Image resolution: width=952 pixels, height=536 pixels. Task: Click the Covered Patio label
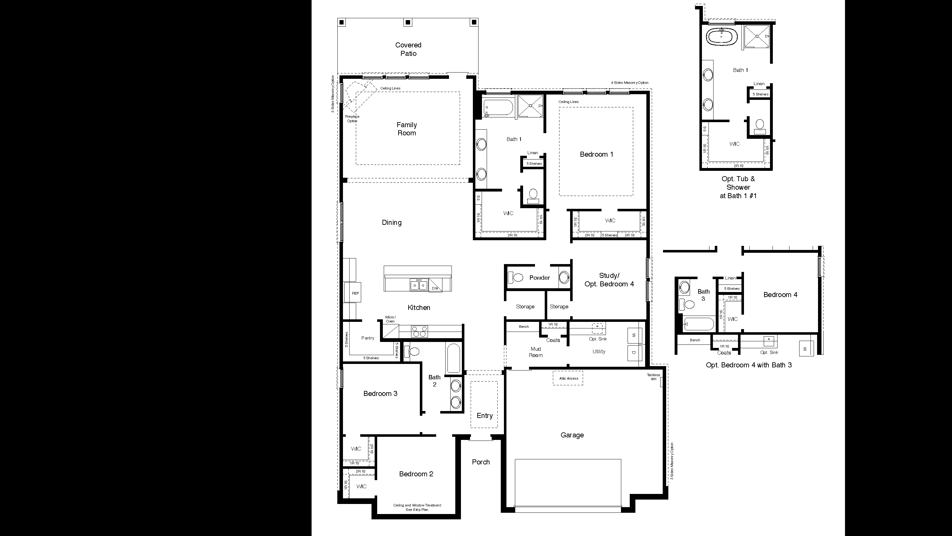tap(408, 49)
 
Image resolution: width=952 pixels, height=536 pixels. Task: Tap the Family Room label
tap(407, 129)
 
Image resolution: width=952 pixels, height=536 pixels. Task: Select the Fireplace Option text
tap(352, 119)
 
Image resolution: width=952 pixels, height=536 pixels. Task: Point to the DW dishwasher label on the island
tap(435, 288)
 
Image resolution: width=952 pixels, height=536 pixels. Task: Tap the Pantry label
tap(367, 338)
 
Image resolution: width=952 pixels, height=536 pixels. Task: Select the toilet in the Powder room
tap(516, 277)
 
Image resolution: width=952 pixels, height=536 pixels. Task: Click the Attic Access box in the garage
tap(568, 378)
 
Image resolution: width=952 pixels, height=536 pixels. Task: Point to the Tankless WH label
tap(653, 377)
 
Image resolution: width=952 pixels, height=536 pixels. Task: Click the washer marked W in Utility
tap(634, 335)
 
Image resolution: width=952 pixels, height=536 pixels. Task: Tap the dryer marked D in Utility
tap(634, 353)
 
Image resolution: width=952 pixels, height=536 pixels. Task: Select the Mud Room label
tap(536, 352)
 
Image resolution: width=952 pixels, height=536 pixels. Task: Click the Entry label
tap(484, 415)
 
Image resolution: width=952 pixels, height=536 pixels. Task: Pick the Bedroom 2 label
tap(416, 474)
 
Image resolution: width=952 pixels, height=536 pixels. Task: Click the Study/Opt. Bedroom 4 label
tap(609, 280)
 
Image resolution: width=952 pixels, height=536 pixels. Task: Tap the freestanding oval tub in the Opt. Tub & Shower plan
tap(722, 37)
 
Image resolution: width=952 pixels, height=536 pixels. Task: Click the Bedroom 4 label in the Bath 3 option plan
tap(780, 295)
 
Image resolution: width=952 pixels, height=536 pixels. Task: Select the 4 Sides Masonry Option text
tap(629, 83)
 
